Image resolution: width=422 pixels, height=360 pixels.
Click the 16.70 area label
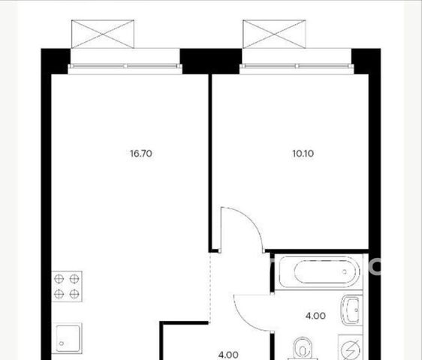141,154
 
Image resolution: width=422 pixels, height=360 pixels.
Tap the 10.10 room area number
303,154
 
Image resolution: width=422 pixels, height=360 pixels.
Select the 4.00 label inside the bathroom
315,316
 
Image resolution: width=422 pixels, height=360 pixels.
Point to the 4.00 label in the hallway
228,355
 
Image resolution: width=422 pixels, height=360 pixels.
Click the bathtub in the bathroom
319,271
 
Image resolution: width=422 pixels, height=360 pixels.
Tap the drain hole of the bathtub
345,271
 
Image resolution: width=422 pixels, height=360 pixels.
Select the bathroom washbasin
351,310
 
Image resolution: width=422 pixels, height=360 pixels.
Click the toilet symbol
303,349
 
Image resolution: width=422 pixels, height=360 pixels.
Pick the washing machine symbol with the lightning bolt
351,348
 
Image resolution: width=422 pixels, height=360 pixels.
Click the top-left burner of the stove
59,279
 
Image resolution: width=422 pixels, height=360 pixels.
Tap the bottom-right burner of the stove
74,295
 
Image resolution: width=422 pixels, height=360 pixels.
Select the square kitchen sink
67,338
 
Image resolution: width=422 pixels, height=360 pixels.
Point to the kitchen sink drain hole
62,343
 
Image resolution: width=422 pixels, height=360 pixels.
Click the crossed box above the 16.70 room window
103,34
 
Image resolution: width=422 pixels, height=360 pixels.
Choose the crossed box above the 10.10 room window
274,34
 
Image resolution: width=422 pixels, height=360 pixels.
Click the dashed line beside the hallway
210,287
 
